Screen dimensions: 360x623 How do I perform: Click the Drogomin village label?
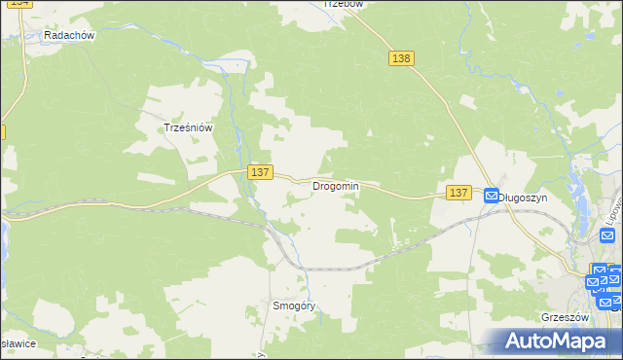coord(336,186)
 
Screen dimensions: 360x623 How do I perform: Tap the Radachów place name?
coord(68,35)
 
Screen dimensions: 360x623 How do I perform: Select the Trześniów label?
coord(188,127)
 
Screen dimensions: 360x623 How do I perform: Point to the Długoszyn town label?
coord(523,197)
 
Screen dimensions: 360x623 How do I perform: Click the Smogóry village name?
coord(295,306)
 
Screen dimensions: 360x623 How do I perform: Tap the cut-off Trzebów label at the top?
coord(343,4)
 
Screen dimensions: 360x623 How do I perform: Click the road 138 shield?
coord(402,58)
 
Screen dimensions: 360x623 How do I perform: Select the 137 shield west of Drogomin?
coord(258,171)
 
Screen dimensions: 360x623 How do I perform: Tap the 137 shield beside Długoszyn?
coord(459,194)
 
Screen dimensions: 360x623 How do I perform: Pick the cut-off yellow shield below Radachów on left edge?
coord(3,130)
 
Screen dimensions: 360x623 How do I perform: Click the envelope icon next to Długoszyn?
coord(492,196)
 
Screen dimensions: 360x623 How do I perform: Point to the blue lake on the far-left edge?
coord(3,238)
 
